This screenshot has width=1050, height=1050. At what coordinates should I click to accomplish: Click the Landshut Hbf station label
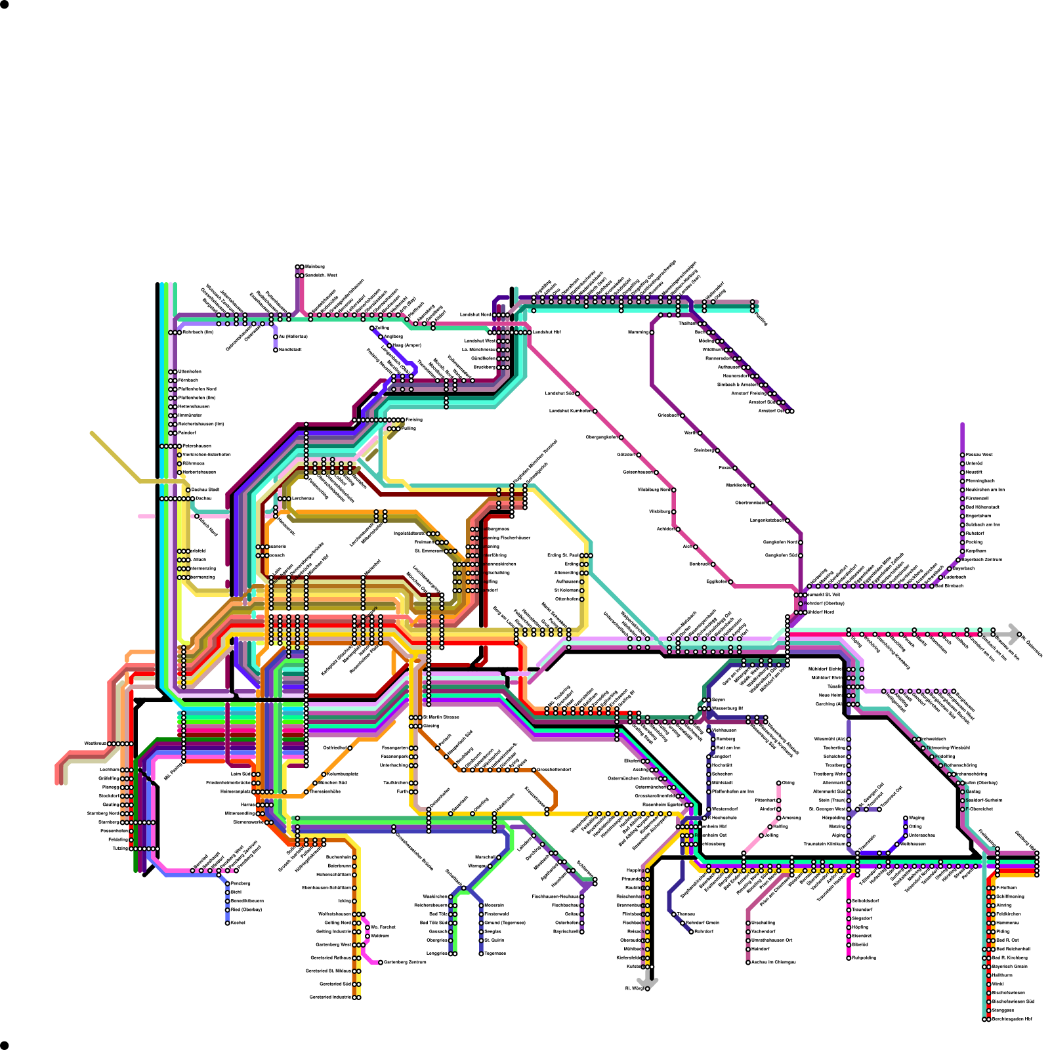[547, 332]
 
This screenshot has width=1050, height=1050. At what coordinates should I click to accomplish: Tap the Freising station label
[414, 419]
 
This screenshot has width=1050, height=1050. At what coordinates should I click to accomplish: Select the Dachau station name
[203, 498]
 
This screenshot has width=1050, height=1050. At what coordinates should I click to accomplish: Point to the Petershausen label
[197, 446]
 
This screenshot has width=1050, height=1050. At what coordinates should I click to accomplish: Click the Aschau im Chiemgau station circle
[748, 963]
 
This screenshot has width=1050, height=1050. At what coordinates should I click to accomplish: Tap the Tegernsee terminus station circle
[481, 954]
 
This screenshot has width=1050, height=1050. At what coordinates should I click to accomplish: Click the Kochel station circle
[228, 923]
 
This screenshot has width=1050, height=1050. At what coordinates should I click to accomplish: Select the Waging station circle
[906, 818]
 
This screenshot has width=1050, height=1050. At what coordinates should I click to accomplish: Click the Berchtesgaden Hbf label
[1011, 1019]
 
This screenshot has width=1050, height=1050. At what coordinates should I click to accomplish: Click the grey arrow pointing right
[1015, 634]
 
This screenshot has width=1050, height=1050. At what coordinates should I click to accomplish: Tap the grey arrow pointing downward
[648, 980]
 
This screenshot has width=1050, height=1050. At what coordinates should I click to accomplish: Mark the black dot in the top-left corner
[4, 4]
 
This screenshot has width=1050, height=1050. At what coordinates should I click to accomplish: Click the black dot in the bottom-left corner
[4, 1045]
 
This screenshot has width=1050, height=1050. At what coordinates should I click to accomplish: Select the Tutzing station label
[120, 849]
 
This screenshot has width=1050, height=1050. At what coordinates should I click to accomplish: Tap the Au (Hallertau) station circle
[276, 337]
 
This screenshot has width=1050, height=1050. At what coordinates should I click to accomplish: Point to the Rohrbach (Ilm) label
[198, 332]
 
